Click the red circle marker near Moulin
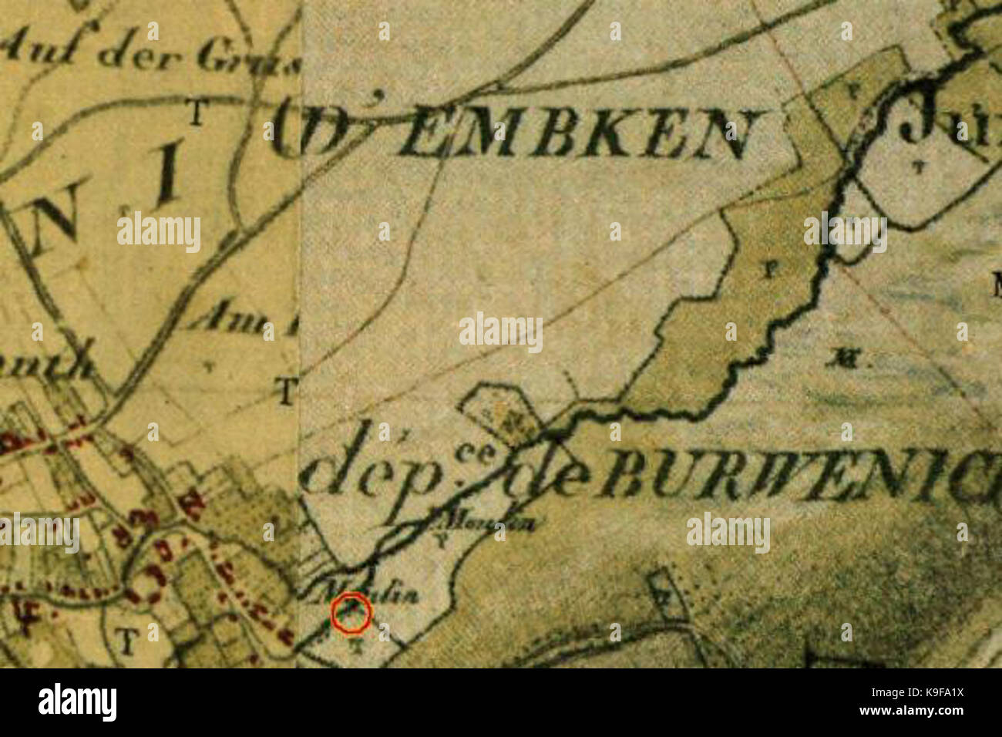point(351,614)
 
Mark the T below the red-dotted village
point(126,639)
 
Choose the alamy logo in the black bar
point(77,702)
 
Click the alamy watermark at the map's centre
point(501,331)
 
